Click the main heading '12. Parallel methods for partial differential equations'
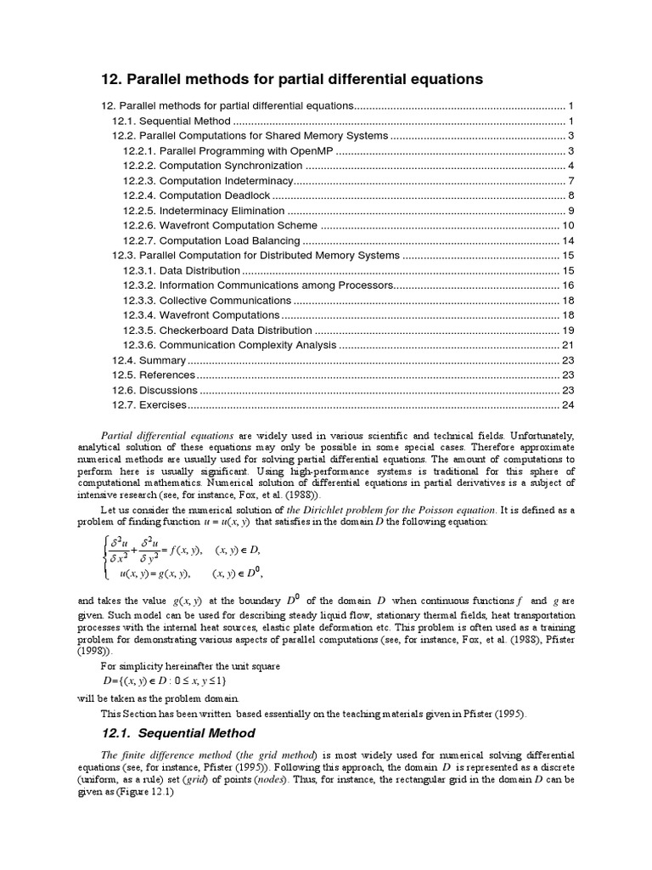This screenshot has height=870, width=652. coord(291,79)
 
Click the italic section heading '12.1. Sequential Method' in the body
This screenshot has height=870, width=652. coord(177,732)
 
